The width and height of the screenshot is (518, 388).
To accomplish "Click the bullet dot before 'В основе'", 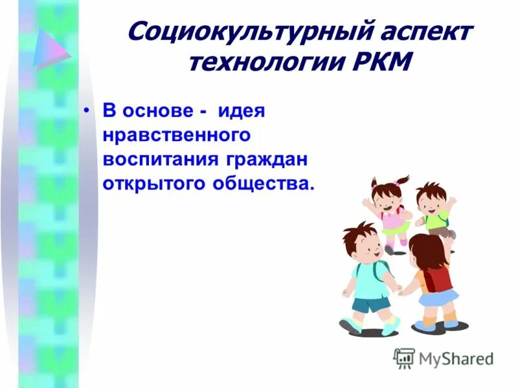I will click(88, 111).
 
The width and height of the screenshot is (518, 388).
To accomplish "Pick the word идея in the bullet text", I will click(242, 111).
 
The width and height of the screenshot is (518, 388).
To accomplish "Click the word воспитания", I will click(162, 159).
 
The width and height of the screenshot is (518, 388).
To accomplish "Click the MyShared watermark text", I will click(456, 358).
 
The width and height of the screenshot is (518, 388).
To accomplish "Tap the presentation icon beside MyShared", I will click(404, 358).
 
